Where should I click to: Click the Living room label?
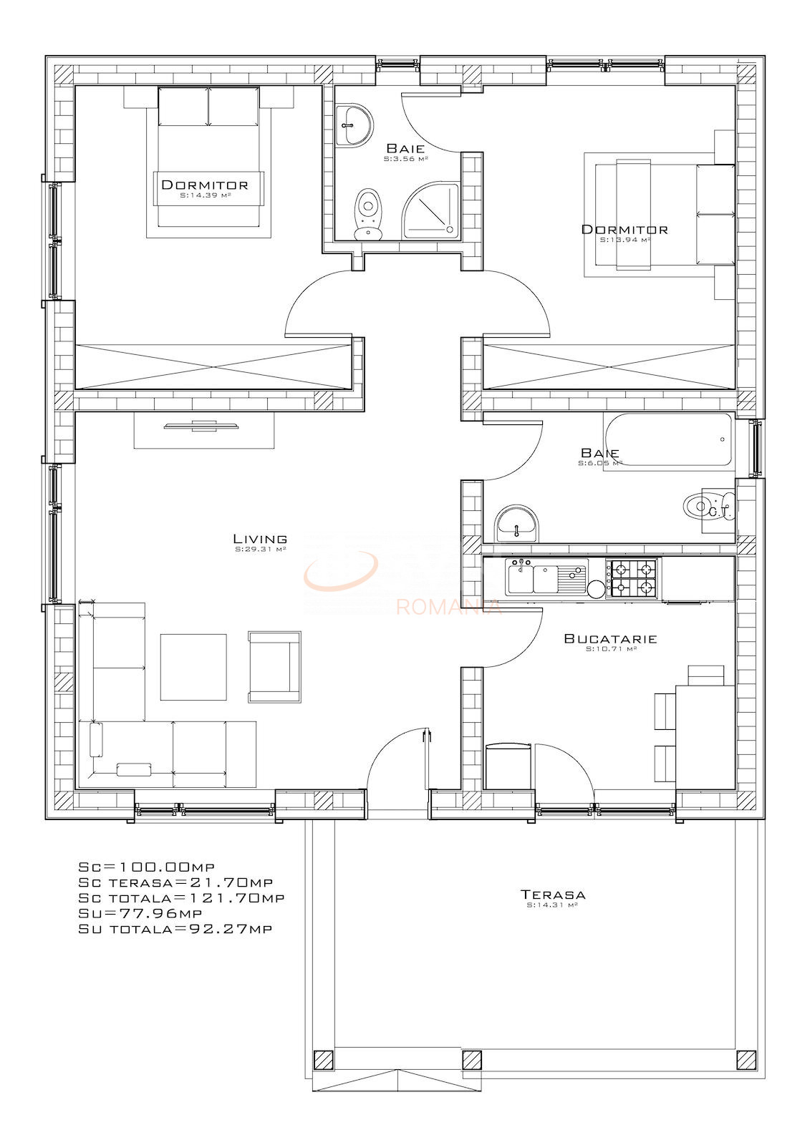pos(260,539)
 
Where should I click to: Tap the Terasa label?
pos(552,895)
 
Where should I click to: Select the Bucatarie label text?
pos(610,638)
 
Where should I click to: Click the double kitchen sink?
pos(546,578)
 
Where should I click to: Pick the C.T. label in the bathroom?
pos(717,512)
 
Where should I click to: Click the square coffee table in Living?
pos(193,666)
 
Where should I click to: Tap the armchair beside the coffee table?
pos(274,666)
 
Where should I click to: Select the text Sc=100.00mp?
pos(146,867)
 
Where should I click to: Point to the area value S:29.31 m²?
pos(260,550)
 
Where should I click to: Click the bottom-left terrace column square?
pos(323,1059)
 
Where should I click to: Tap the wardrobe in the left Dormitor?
pos(215,366)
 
